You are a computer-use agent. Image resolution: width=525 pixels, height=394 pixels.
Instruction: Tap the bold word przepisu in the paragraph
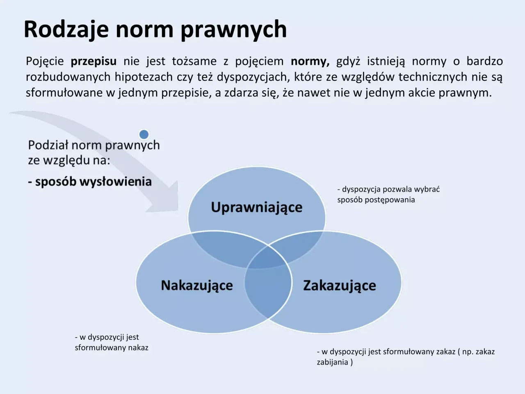[94, 62]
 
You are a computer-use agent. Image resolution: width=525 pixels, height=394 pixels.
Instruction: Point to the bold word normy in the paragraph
[310, 62]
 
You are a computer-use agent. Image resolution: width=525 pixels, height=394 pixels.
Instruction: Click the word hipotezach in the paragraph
[144, 77]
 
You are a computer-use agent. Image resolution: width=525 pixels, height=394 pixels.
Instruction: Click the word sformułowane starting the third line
[64, 93]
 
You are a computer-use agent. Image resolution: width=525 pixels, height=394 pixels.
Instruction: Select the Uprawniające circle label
[256, 207]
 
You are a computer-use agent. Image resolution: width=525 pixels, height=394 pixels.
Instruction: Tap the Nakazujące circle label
[197, 285]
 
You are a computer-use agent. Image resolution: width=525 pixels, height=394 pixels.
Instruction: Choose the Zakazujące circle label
[340, 285]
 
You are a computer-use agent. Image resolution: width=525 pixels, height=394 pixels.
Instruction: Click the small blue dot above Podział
[144, 134]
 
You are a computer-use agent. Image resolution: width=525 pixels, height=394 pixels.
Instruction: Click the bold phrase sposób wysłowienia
[94, 182]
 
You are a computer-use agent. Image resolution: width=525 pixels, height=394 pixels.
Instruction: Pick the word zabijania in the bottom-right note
[332, 362]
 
